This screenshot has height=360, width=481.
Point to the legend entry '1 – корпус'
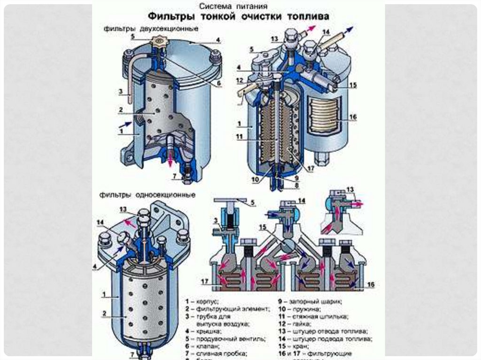[x=202, y=301]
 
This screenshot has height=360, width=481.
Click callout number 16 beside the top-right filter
[x=353, y=116]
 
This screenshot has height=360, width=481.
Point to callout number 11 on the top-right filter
[x=240, y=137]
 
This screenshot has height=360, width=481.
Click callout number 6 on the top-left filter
[x=218, y=84]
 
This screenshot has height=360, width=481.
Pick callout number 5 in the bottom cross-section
[x=253, y=203]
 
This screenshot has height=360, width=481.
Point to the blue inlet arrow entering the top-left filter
[x=124, y=123]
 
